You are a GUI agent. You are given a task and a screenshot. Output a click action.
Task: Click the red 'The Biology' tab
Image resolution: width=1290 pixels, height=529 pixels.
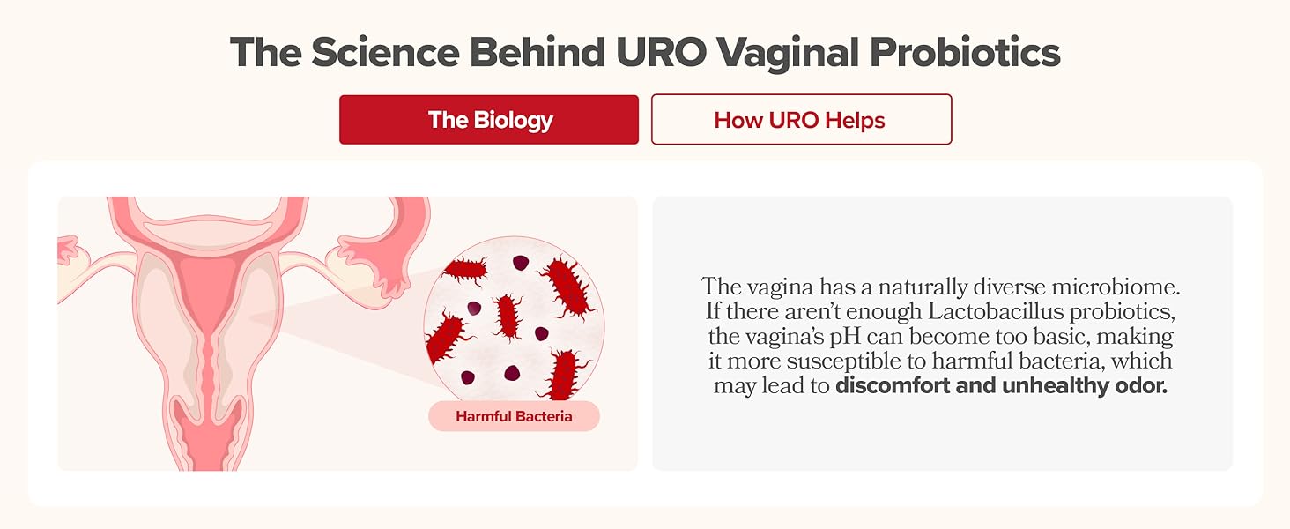pos(489,120)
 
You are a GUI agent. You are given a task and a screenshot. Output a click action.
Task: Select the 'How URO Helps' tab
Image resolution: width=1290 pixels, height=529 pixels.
pos(801,120)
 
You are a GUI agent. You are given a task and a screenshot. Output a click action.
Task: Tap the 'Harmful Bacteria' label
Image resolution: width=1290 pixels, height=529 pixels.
pos(514,416)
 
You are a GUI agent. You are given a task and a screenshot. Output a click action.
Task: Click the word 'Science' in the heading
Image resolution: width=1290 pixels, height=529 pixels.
pos(384,53)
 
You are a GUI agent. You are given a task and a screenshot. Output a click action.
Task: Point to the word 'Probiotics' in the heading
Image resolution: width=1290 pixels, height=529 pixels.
pos(964,53)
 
